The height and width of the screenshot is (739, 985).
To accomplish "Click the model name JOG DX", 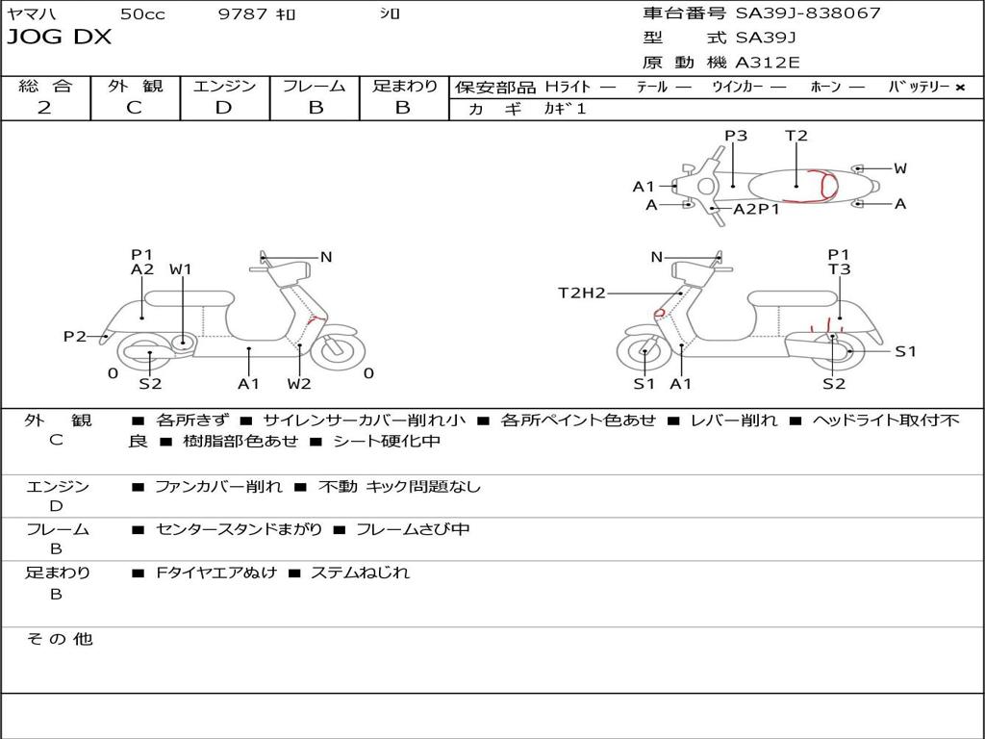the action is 60,38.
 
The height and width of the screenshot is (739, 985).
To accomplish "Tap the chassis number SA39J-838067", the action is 808,13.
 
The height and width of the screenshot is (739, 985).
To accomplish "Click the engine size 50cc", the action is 141,13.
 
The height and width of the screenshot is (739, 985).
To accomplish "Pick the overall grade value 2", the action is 44,108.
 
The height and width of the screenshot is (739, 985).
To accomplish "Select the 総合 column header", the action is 45,87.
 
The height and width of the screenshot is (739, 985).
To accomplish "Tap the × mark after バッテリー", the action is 959,87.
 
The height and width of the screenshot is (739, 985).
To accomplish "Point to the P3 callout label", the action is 736,136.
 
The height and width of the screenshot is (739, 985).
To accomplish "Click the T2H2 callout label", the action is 582,293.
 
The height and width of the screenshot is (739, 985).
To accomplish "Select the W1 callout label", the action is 181,269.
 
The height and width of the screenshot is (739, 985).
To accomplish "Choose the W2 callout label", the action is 299,383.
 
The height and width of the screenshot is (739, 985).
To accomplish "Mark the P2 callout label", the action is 75,336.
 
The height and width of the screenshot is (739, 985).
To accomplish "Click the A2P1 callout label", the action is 756,209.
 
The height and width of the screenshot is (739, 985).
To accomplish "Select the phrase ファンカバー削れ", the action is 218,487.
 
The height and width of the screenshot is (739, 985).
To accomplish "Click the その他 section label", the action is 59,639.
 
